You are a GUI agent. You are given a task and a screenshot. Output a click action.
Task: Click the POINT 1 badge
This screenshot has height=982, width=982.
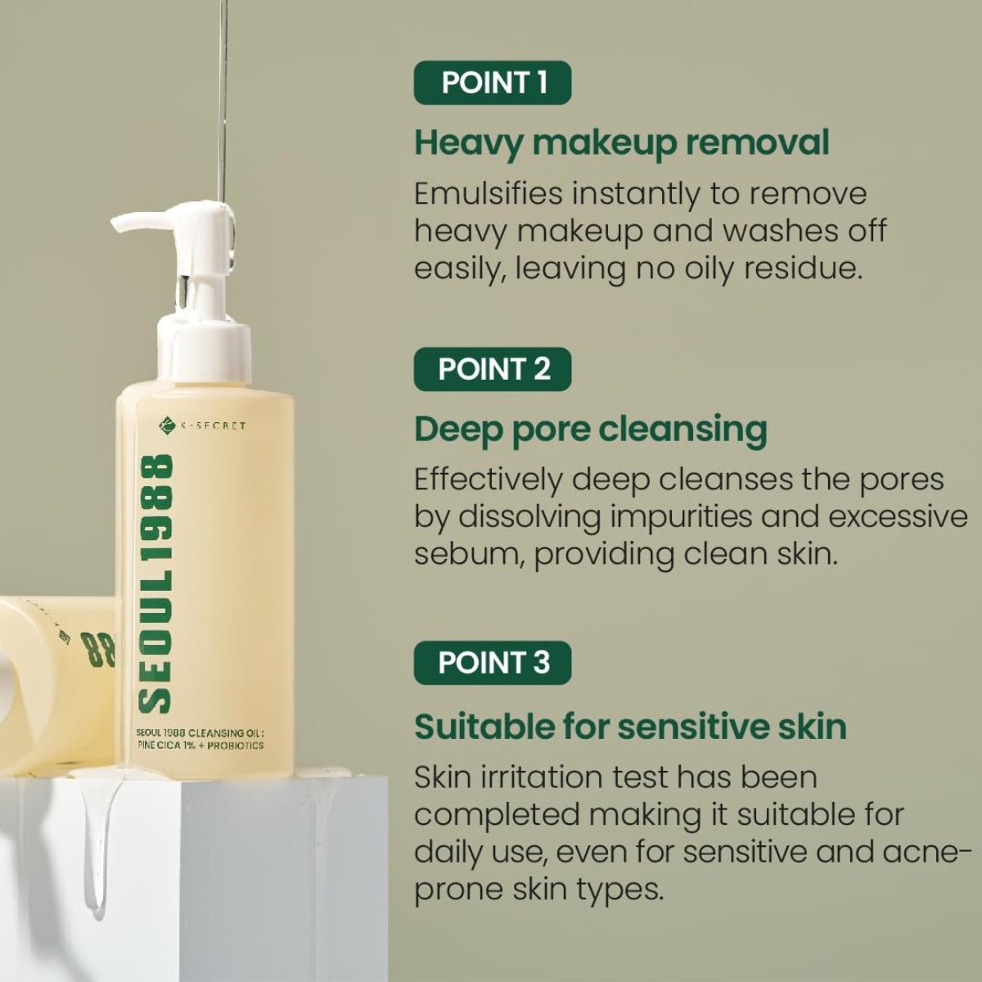click(x=493, y=83)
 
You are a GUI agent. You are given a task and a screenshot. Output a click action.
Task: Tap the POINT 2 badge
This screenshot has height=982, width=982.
click(x=493, y=369)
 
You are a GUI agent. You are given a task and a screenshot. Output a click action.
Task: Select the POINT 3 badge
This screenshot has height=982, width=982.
click(x=493, y=663)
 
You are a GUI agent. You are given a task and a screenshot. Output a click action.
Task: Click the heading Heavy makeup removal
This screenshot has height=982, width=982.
click(x=622, y=144)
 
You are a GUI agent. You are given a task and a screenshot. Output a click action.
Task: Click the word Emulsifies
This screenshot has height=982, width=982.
click(x=489, y=194)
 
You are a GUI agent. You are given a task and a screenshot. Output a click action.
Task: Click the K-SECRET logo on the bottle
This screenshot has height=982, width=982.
click(x=202, y=425)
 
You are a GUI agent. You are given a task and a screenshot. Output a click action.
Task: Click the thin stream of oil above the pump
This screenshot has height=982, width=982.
click(x=220, y=102)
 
